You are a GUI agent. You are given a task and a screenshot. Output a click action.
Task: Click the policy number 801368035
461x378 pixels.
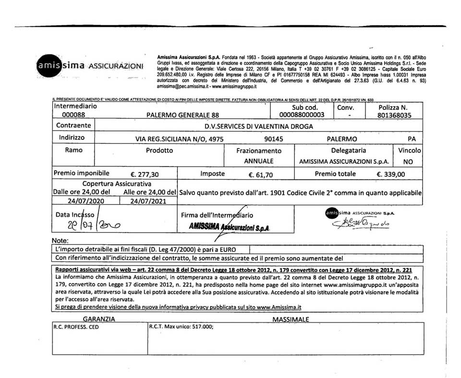pos(394,115)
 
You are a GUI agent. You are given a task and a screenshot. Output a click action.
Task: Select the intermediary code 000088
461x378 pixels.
pos(73,115)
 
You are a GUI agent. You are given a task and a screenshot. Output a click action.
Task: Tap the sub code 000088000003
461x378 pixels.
pos(302,115)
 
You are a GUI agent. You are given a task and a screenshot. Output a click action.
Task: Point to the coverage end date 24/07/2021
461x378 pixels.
pos(148,201)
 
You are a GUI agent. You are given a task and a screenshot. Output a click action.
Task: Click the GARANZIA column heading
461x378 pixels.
pos(99,319)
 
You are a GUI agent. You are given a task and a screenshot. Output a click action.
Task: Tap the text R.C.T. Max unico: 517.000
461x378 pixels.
pos(181,327)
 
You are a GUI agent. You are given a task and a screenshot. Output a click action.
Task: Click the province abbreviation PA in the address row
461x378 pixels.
pos(412,139)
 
